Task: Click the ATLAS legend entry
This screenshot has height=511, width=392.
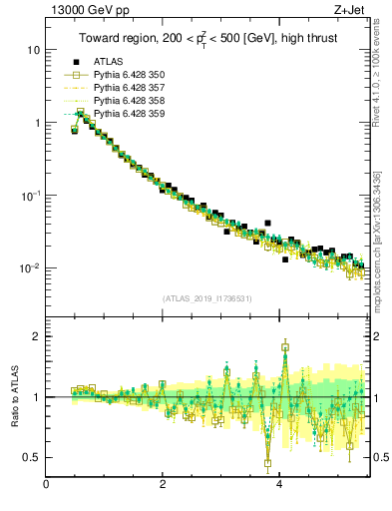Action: point(108,62)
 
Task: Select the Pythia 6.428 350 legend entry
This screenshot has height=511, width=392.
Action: point(130,75)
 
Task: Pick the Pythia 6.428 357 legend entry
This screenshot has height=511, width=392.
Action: point(130,88)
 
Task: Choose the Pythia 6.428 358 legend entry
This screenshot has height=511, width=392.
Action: point(130,101)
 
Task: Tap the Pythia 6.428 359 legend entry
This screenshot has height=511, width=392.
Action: point(130,114)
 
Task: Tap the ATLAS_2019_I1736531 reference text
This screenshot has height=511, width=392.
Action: point(207,298)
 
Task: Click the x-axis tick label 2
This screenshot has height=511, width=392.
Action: point(163,486)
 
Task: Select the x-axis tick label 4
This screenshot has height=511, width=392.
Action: point(279,486)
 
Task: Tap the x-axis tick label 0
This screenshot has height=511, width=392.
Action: point(47,486)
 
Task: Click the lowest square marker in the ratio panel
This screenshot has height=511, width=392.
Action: point(267,463)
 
